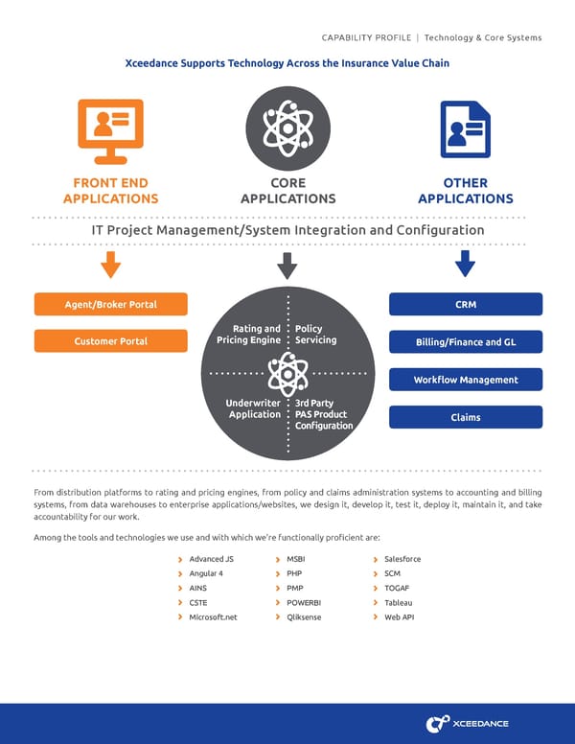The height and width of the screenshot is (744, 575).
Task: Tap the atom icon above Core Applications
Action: (x=287, y=128)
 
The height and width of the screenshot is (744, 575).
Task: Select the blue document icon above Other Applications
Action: (x=465, y=129)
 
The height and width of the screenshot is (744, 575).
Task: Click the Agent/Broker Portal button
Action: (x=110, y=305)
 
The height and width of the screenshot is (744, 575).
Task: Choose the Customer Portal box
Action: (x=110, y=341)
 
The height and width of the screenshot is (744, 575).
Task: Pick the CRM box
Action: (x=466, y=305)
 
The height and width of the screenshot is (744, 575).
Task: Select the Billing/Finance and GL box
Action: (x=466, y=342)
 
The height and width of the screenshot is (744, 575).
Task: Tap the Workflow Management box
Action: (x=466, y=380)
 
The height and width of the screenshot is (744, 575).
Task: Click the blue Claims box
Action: (x=466, y=417)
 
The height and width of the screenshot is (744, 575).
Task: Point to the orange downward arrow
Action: (x=110, y=264)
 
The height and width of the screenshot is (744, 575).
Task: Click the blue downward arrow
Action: (x=466, y=264)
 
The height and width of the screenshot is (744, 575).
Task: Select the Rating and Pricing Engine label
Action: (x=248, y=335)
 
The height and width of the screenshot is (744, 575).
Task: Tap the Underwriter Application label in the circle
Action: (x=254, y=408)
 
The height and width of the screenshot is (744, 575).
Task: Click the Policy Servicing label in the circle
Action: (x=315, y=335)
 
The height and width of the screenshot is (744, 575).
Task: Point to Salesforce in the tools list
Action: (x=402, y=559)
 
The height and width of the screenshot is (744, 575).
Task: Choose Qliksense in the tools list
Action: (x=304, y=617)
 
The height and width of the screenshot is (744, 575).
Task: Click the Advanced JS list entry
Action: (x=211, y=559)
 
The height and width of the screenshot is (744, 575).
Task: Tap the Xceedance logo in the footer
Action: (x=468, y=723)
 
